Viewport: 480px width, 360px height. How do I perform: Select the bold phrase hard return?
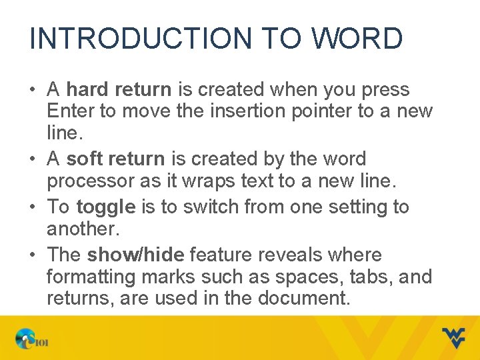coord(119,89)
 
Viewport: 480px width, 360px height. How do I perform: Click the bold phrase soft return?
coord(115,159)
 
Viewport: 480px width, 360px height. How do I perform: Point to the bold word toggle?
coord(106,207)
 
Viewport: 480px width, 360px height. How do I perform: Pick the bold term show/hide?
coord(135,255)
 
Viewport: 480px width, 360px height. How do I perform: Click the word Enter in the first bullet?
coord(71,111)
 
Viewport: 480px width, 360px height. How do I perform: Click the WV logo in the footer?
coord(454,338)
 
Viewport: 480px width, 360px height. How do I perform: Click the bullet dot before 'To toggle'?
coord(33,207)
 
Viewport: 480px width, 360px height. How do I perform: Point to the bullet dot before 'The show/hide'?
coord(33,255)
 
